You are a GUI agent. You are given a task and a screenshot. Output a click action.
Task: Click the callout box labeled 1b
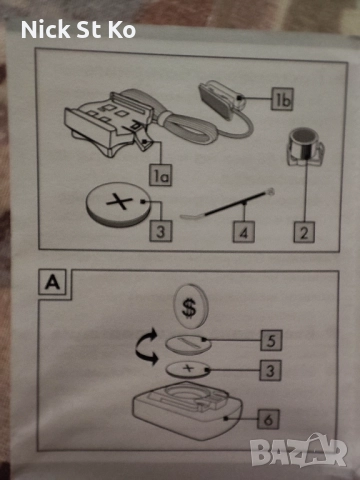tap(282, 99)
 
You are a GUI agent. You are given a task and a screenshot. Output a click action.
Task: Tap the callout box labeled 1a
tap(160, 175)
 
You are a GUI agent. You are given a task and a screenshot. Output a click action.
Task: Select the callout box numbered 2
tap(304, 231)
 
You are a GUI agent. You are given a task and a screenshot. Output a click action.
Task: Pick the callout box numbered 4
tap(244, 231)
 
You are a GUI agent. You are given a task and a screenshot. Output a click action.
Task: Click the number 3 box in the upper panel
tap(160, 231)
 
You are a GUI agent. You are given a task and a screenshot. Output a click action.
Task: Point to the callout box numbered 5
tap(271, 340)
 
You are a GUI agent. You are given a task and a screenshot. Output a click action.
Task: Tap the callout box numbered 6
tap(268, 419)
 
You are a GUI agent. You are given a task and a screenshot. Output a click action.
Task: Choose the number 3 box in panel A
tap(270, 370)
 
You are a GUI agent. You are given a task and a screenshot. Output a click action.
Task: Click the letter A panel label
tap(53, 283)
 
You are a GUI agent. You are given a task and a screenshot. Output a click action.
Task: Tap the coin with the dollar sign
tap(191, 307)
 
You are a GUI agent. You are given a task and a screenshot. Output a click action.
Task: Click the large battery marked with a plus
tap(118, 204)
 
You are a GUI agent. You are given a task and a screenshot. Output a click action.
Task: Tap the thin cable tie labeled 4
tap(228, 204)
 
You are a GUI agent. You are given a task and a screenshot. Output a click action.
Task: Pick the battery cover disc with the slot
tap(188, 345)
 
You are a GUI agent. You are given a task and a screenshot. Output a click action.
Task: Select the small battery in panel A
tap(188, 369)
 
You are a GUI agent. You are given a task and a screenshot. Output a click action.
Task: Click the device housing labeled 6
tap(188, 411)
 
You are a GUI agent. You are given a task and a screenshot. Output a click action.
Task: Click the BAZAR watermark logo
tap(298, 451)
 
